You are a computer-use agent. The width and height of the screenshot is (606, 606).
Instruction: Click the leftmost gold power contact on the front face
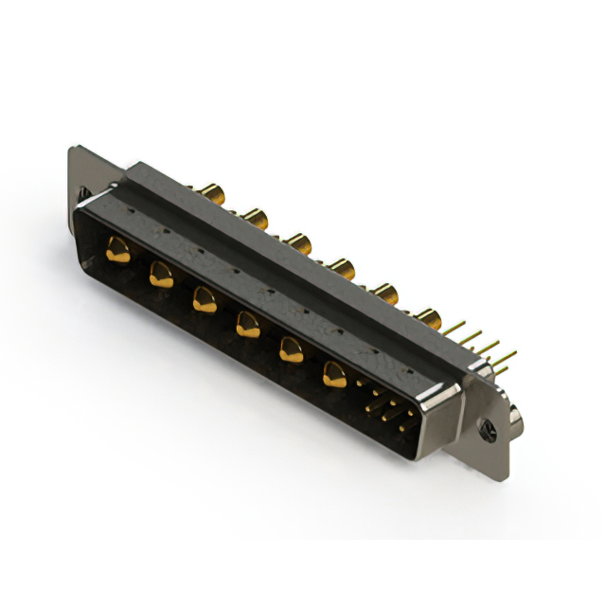(x=117, y=252)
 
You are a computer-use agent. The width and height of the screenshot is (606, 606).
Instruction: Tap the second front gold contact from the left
(x=160, y=276)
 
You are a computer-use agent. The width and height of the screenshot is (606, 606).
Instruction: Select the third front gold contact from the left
(x=203, y=300)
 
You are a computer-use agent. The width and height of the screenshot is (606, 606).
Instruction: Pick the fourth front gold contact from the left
(x=246, y=326)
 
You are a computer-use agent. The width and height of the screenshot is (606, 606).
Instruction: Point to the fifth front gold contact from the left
(x=291, y=351)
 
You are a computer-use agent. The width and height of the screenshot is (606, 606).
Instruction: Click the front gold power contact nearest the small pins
(x=334, y=375)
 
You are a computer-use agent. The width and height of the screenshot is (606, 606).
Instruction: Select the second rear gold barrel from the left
(x=254, y=219)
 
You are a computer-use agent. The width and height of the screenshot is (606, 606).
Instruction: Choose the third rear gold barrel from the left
(x=299, y=244)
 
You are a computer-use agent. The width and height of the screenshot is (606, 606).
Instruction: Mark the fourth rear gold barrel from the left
(x=341, y=268)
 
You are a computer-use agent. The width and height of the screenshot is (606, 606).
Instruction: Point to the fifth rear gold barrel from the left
(x=384, y=292)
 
